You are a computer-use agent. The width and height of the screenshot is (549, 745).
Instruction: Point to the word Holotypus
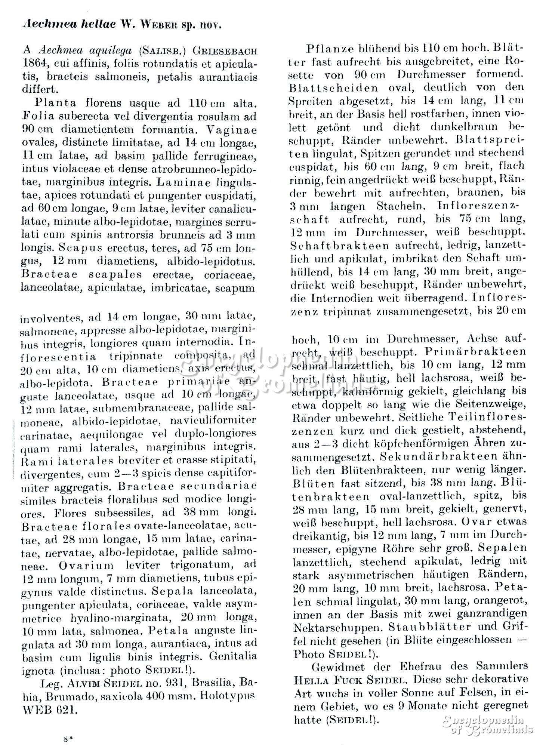(223, 696)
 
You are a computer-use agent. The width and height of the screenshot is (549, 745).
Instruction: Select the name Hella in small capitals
(310, 679)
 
